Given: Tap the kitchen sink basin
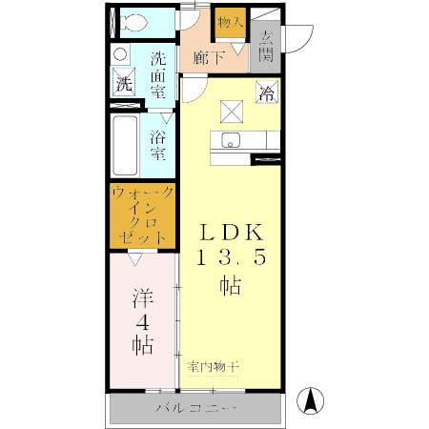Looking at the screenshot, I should click(230, 141).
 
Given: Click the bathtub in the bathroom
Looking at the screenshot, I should click(125, 146).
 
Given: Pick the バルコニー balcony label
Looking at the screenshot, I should click(195, 410).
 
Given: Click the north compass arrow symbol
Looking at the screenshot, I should click(311, 400).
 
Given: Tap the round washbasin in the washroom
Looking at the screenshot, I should click(121, 54).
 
